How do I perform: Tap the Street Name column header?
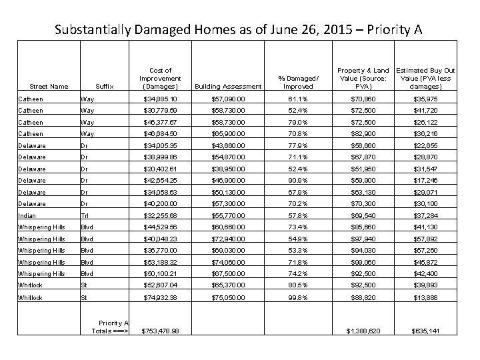(x=49, y=87)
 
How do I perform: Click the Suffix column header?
(x=105, y=87)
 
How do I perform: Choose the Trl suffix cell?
(x=85, y=216)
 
